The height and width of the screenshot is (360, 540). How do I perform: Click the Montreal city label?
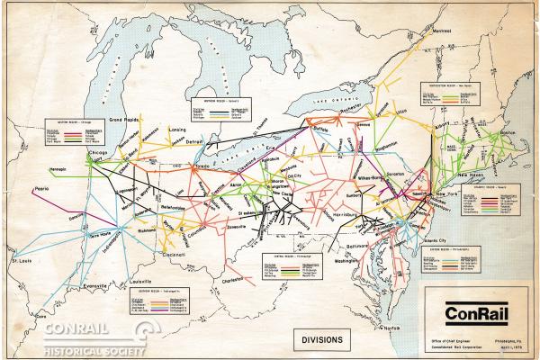click(x=441, y=30)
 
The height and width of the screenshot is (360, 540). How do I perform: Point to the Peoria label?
click(x=40, y=190)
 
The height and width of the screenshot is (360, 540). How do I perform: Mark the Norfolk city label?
click(x=389, y=328)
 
